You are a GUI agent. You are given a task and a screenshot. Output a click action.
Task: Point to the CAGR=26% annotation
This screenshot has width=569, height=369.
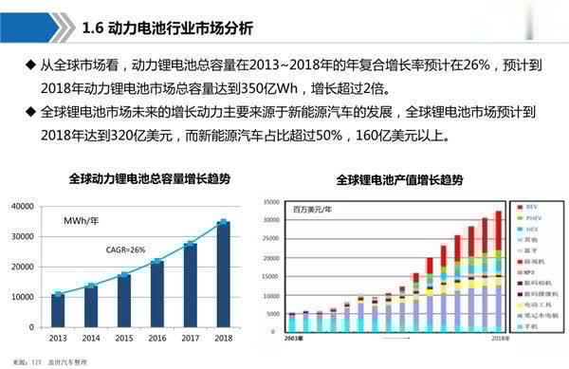(x=125, y=249)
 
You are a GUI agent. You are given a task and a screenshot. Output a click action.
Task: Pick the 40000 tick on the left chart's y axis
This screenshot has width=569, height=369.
(x=24, y=206)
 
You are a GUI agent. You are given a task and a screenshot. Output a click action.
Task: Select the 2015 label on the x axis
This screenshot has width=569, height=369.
(x=123, y=337)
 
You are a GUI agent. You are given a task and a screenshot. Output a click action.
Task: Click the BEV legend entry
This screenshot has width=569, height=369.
(x=532, y=206)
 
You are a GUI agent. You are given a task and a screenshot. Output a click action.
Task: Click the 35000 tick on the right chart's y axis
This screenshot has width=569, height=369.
(x=272, y=202)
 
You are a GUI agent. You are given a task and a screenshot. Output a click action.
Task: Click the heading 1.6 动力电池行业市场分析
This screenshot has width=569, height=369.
(x=168, y=28)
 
